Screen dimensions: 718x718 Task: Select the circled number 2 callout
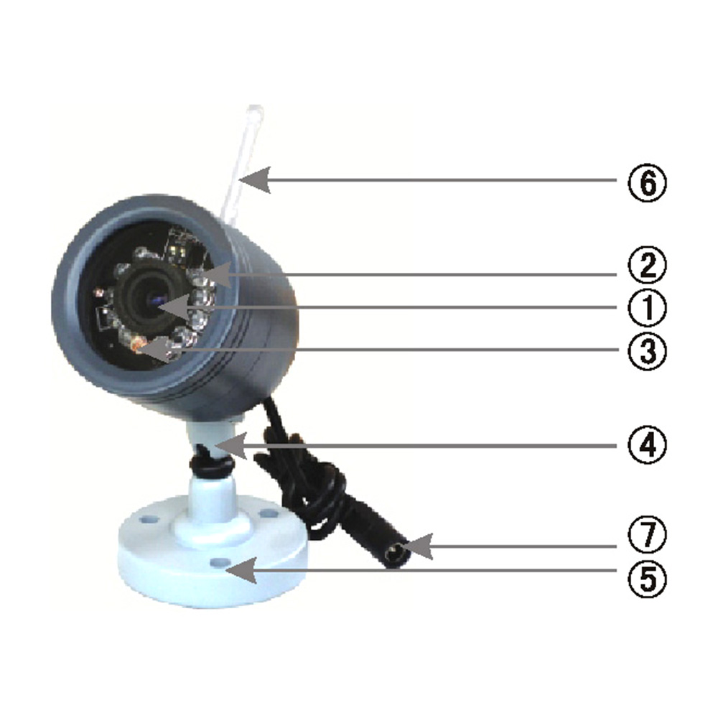(647, 266)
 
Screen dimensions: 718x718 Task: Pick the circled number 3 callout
(647, 351)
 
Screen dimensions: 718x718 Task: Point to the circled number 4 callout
(647, 445)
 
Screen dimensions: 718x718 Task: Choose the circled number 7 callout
(647, 534)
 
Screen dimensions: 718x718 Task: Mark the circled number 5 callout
(647, 578)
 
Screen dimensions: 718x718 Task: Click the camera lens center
(154, 301)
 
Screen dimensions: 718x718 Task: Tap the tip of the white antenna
(254, 109)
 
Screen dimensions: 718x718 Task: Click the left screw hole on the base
(147, 518)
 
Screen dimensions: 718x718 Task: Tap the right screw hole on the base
(266, 513)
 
